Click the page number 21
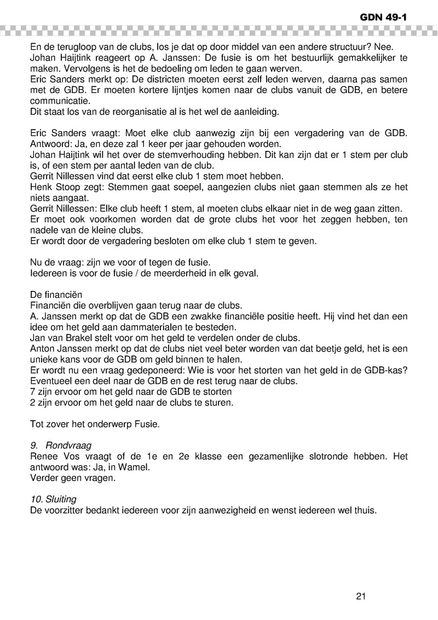[360, 596]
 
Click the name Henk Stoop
[54, 188]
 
